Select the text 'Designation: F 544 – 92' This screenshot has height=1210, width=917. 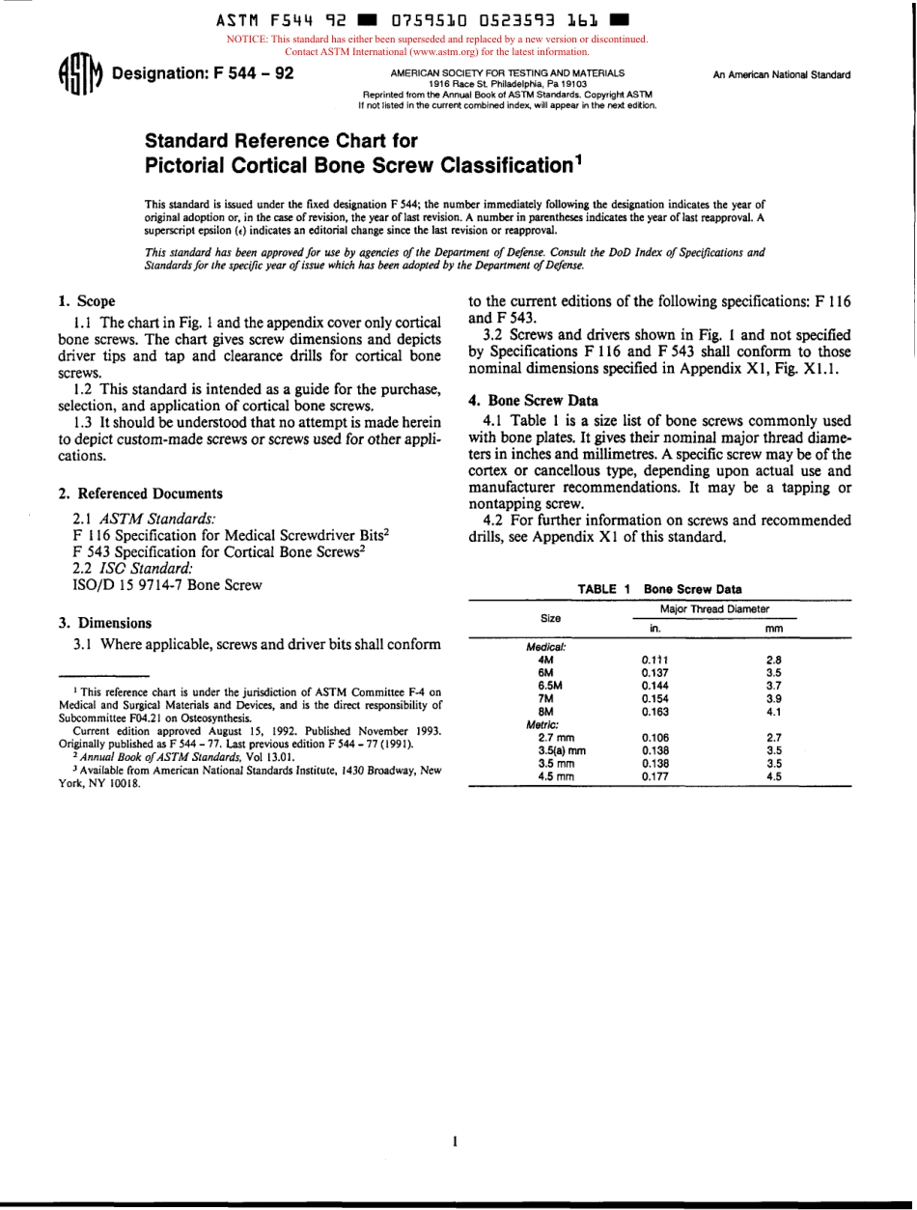click(204, 74)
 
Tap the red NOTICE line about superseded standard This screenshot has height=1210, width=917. click(436, 40)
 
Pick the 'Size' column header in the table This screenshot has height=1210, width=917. click(551, 618)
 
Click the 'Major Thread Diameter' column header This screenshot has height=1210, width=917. click(714, 608)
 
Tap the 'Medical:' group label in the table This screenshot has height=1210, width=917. click(545, 648)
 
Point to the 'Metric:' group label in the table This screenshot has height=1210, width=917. click(542, 723)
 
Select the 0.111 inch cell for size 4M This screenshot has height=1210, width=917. click(654, 661)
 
